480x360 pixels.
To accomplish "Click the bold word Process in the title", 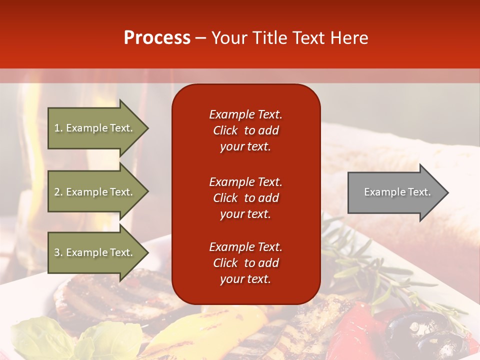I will [x=157, y=38].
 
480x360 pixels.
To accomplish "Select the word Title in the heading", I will [x=267, y=38].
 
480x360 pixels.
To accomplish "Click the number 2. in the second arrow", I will [x=58, y=192].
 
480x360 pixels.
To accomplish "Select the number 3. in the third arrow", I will [x=58, y=252].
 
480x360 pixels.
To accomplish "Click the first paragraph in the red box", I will [x=245, y=130].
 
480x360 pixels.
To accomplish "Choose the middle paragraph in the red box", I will [x=245, y=198].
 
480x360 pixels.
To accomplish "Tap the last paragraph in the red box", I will [x=245, y=263].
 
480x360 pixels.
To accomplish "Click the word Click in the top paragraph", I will [x=225, y=130].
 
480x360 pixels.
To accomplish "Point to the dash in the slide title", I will [x=201, y=38].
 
